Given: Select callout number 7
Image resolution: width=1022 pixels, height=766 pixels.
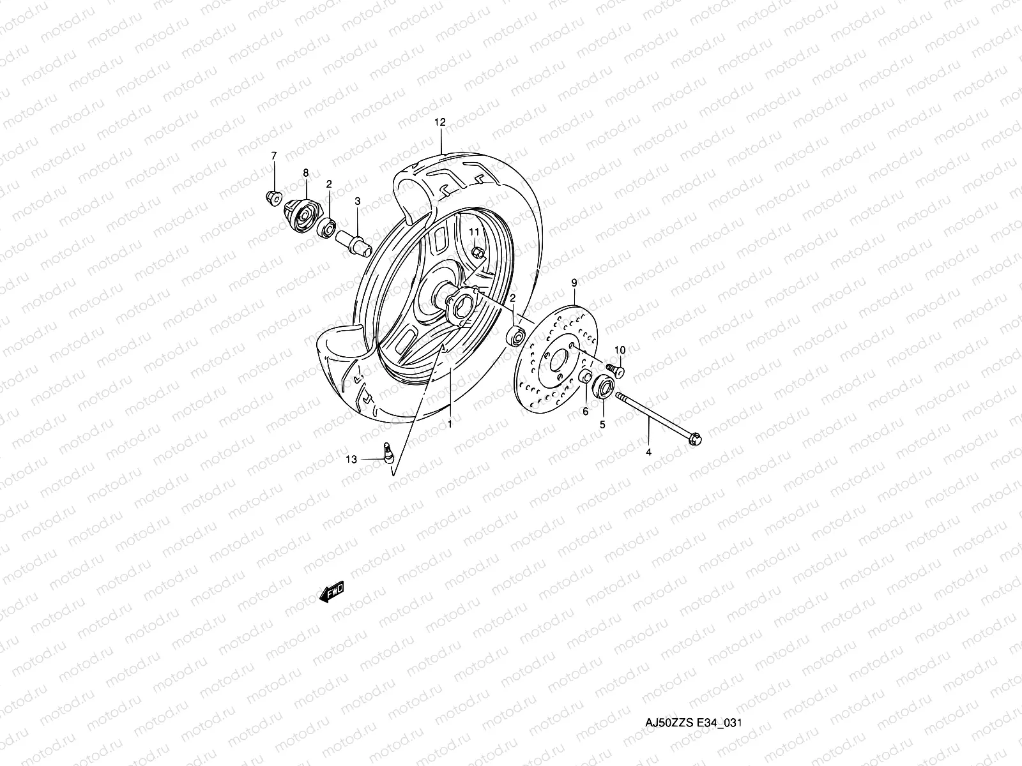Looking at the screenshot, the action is point(274,156).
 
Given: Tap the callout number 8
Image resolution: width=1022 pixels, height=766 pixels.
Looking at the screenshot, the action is point(305,172).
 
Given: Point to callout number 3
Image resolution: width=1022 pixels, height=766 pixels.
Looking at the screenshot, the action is point(358,201).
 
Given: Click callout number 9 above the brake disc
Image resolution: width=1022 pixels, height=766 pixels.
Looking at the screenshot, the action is point(574,282).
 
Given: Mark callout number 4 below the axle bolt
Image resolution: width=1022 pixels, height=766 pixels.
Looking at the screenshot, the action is point(648,452).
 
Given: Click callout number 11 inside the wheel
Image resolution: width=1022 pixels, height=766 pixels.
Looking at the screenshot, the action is point(475,230).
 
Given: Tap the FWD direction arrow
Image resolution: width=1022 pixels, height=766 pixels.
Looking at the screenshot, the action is point(332,594).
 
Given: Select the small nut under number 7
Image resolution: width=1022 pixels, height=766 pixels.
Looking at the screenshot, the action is point(271,197).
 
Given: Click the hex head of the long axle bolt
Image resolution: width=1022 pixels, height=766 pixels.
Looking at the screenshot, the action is point(696,439).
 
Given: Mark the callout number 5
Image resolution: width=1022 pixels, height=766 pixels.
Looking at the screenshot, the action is point(602,423).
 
